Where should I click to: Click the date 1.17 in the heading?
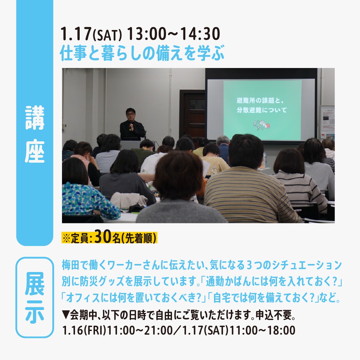[x=76, y=34]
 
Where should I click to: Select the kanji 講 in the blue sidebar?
[x=35, y=118]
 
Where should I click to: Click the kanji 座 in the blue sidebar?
[x=35, y=151]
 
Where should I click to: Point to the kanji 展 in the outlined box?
[x=35, y=284]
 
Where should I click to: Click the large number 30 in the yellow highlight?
[x=103, y=237]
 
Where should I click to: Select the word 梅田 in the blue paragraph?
[x=71, y=266]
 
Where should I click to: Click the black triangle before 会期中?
[x=66, y=315]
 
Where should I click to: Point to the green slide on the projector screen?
[x=262, y=110]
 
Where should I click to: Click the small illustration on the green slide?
[x=262, y=125]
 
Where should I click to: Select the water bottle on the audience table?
[x=214, y=171]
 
